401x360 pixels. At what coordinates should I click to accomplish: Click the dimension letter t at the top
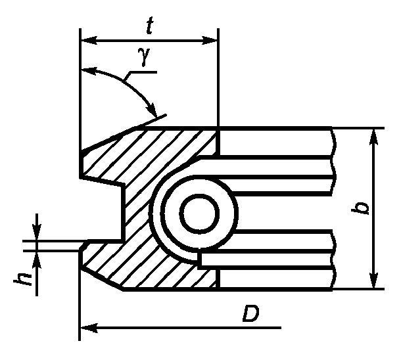(150, 26)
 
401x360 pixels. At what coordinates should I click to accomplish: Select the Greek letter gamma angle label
(143, 56)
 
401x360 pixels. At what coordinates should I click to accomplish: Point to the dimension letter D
(250, 313)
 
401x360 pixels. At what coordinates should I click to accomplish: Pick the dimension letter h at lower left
(22, 279)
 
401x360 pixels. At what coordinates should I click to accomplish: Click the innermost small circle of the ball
(199, 214)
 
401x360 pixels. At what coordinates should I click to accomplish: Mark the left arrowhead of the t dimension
(89, 40)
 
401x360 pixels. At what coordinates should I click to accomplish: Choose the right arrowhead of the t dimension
(210, 40)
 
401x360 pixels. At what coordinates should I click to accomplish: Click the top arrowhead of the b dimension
(375, 137)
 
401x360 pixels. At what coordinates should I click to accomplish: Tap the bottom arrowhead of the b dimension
(375, 280)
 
